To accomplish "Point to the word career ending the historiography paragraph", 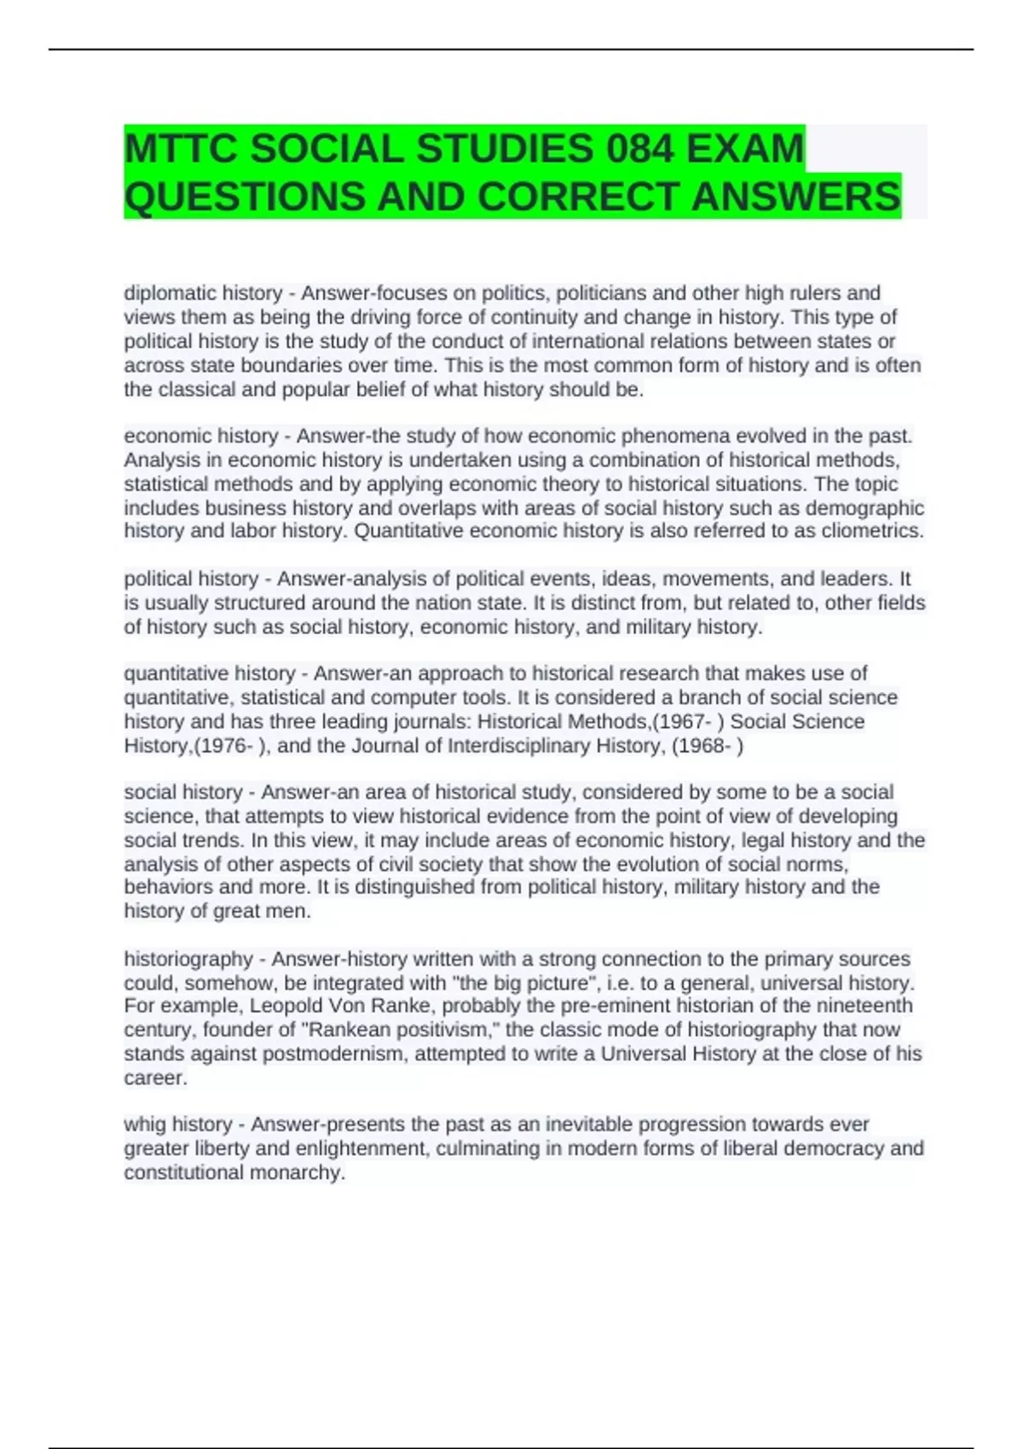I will (155, 1078).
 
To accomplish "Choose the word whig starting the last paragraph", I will (145, 1124).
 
